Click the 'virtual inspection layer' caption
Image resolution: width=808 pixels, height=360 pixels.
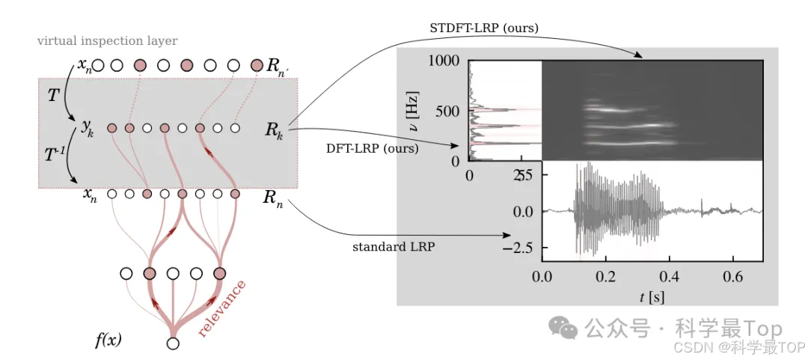coord(108,41)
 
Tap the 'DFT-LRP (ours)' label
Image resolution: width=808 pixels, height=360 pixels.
coord(372,148)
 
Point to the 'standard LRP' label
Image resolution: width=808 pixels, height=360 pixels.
coord(395,246)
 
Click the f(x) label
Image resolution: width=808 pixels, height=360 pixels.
coord(108,341)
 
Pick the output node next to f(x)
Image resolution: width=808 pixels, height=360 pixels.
coord(174,344)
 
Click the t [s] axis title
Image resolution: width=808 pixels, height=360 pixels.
coord(652,298)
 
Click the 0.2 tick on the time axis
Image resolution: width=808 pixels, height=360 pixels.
coord(605,276)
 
